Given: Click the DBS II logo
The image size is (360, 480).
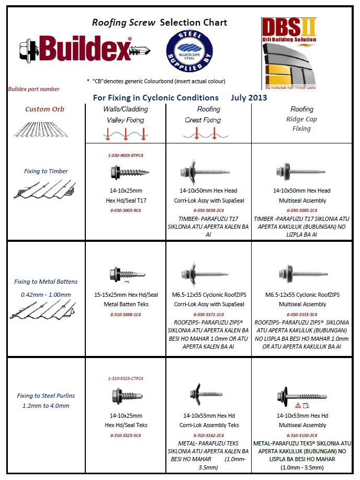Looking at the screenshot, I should (288, 52).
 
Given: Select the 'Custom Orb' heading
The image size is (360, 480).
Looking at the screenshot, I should (44, 109).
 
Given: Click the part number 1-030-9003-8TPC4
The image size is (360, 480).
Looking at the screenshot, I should (126, 155).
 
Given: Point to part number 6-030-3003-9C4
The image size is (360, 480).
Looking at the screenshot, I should (126, 210).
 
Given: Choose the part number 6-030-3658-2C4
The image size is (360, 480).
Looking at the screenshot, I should (209, 210).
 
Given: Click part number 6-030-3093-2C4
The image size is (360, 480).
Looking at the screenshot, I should (301, 210).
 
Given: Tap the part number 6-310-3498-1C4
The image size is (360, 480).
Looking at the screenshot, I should (126, 314).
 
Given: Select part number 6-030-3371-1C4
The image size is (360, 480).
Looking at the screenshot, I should (209, 314).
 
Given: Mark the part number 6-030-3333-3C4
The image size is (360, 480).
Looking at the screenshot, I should (301, 314).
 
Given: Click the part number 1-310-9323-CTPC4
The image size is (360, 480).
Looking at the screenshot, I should (126, 378).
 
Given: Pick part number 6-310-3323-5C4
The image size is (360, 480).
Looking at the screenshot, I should (126, 435).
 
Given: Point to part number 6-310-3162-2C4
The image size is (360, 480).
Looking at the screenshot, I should (209, 435).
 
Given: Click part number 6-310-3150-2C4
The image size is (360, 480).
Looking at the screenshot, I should (301, 435).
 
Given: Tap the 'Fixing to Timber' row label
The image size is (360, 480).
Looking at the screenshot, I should (46, 171).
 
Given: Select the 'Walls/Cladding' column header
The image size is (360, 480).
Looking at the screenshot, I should (126, 109).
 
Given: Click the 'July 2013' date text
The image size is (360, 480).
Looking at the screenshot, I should (249, 97).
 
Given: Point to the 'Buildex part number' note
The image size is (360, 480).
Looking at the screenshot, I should (34, 89).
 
